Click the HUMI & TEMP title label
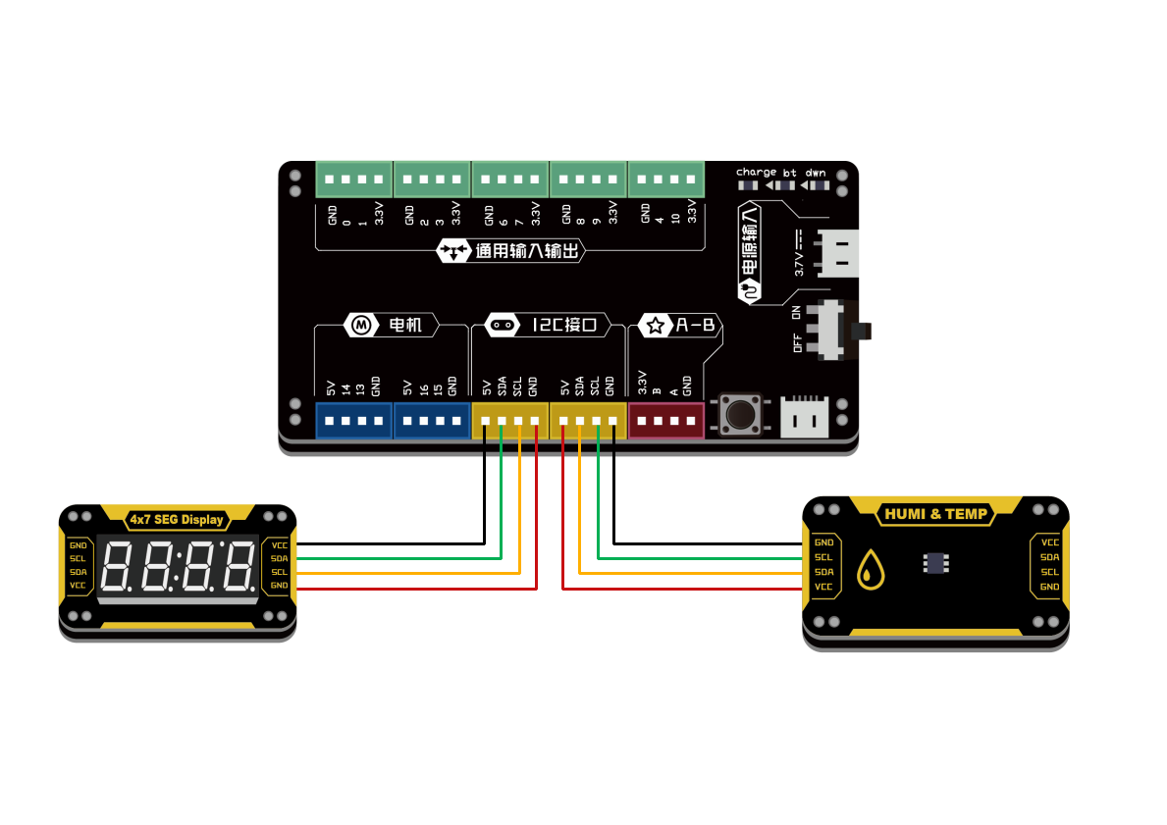[935, 513]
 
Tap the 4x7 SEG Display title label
[177, 519]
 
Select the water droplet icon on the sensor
[870, 569]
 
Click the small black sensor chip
[935, 562]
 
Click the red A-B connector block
[666, 421]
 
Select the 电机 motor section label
[391, 325]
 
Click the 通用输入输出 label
[511, 251]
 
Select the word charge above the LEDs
[756, 172]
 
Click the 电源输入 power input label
[751, 251]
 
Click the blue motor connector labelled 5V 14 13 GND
[353, 421]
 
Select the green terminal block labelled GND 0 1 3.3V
[353, 180]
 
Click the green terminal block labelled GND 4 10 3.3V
[666, 180]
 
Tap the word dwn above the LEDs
[816, 172]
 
